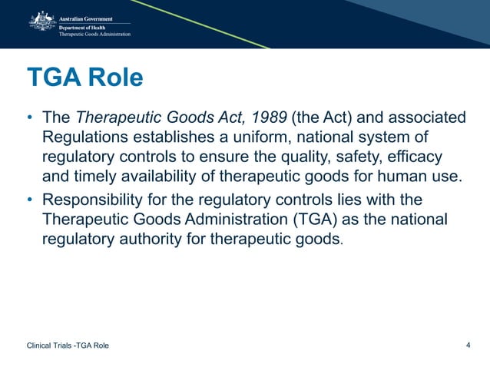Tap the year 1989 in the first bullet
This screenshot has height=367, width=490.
click(265, 118)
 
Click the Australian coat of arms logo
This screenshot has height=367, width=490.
click(41, 23)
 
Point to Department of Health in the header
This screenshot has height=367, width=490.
click(85, 26)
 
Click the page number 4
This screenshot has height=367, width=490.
click(468, 345)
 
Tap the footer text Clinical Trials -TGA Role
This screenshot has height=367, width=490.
click(68, 346)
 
